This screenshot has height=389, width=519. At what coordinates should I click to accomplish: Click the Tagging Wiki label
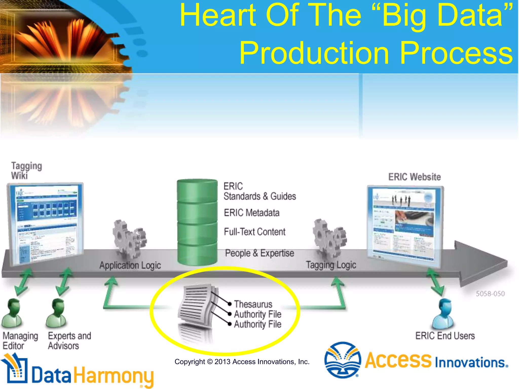[x=26, y=170]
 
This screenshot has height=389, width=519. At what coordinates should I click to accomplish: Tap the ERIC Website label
[x=414, y=177]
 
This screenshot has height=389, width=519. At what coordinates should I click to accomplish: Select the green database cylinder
[x=197, y=222]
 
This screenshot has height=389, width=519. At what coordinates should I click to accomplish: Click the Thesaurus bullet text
[x=253, y=304]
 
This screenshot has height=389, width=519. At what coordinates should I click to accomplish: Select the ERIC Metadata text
[x=251, y=213]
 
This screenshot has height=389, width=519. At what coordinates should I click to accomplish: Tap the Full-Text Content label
[x=254, y=232]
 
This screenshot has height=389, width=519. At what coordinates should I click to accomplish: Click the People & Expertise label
[x=259, y=253]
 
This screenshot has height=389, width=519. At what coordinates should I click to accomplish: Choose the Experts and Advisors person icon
[x=57, y=314]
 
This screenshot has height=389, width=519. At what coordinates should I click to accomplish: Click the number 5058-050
[x=490, y=294]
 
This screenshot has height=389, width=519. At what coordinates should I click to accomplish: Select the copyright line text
[x=242, y=362]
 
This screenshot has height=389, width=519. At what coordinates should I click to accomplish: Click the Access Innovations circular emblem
[x=343, y=360]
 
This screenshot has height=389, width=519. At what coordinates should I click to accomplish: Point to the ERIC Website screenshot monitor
[x=405, y=225]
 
